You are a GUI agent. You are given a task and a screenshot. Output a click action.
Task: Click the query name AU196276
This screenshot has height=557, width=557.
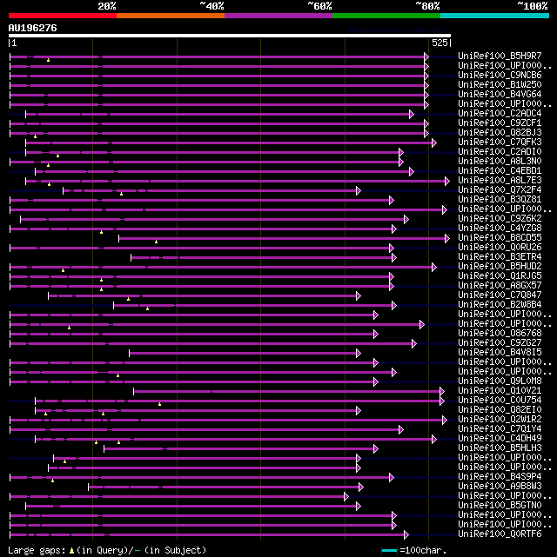[x=33, y=28]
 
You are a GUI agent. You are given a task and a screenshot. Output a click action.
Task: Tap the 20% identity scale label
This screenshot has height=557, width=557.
[x=107, y=6]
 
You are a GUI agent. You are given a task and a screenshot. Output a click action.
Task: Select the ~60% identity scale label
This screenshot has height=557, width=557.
[x=319, y=6]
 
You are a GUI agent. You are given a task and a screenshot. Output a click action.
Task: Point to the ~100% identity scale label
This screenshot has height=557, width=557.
[x=532, y=6]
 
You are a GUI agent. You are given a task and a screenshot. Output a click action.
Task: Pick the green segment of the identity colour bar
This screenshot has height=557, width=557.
[x=386, y=15]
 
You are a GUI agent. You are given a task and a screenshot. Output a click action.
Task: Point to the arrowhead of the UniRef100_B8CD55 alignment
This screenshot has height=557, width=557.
[x=447, y=237]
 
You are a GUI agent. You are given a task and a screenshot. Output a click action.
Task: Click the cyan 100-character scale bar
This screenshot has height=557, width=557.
[x=389, y=550]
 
